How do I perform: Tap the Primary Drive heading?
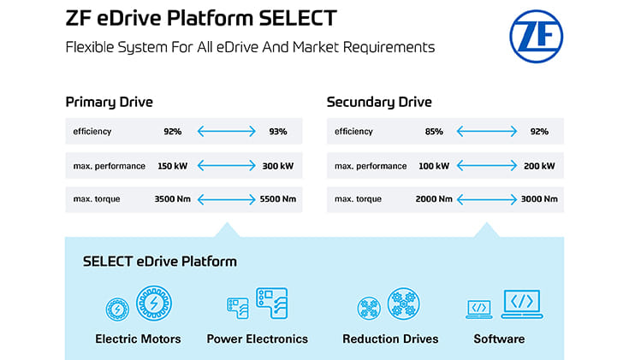[x=109, y=103]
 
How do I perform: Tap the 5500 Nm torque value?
[x=277, y=199]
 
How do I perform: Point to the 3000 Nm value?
[x=539, y=199]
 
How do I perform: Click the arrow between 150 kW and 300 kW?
[x=226, y=165]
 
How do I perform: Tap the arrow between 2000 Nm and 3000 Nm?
[x=486, y=199]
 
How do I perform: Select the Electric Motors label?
[x=138, y=339]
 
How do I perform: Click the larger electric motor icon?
[x=154, y=304]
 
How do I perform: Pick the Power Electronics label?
[x=257, y=339]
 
